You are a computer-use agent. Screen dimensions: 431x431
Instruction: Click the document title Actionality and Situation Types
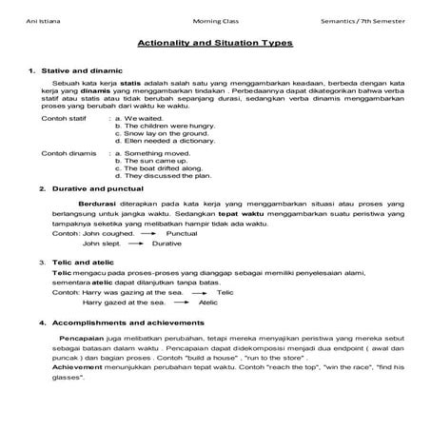point(215,43)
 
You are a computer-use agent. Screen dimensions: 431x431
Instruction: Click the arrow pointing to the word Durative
point(132,244)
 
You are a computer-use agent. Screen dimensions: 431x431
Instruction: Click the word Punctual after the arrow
point(181,232)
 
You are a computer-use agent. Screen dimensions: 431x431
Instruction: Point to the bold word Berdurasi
point(97,204)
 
